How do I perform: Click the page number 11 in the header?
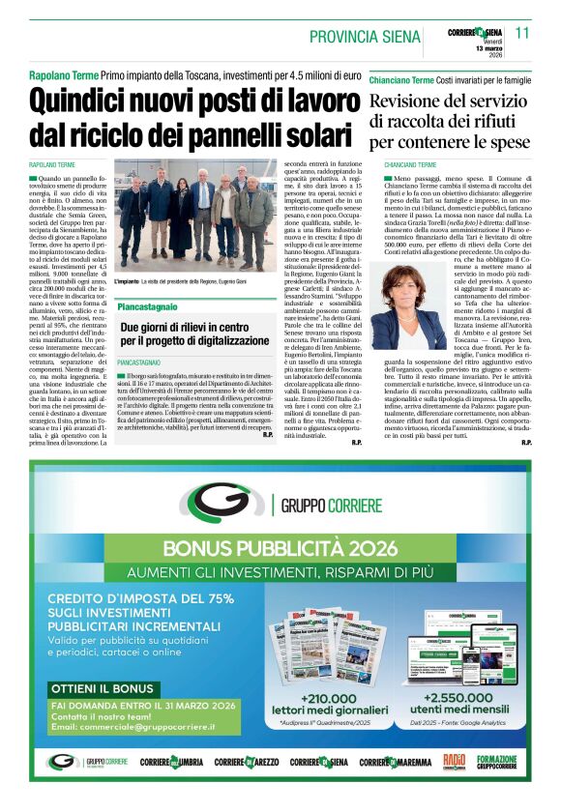pos(522,33)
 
